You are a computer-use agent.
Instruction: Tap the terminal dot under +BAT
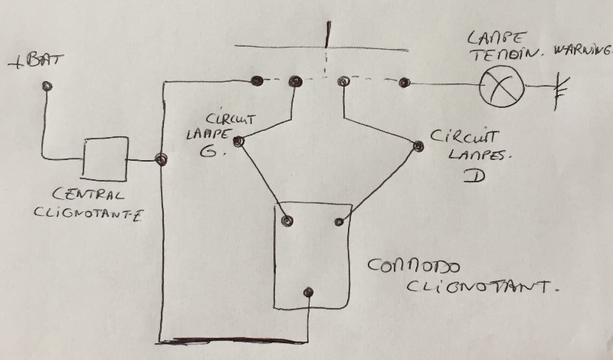[x=48, y=87]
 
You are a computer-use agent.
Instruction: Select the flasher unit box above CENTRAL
[x=105, y=159]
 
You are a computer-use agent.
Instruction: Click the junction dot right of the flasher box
[x=161, y=159]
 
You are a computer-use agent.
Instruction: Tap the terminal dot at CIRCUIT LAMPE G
[x=239, y=141]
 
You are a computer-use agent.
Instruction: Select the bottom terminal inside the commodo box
[x=308, y=292]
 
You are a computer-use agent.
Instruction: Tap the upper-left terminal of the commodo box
[x=287, y=221]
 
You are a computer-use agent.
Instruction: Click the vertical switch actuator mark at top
[x=328, y=34]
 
